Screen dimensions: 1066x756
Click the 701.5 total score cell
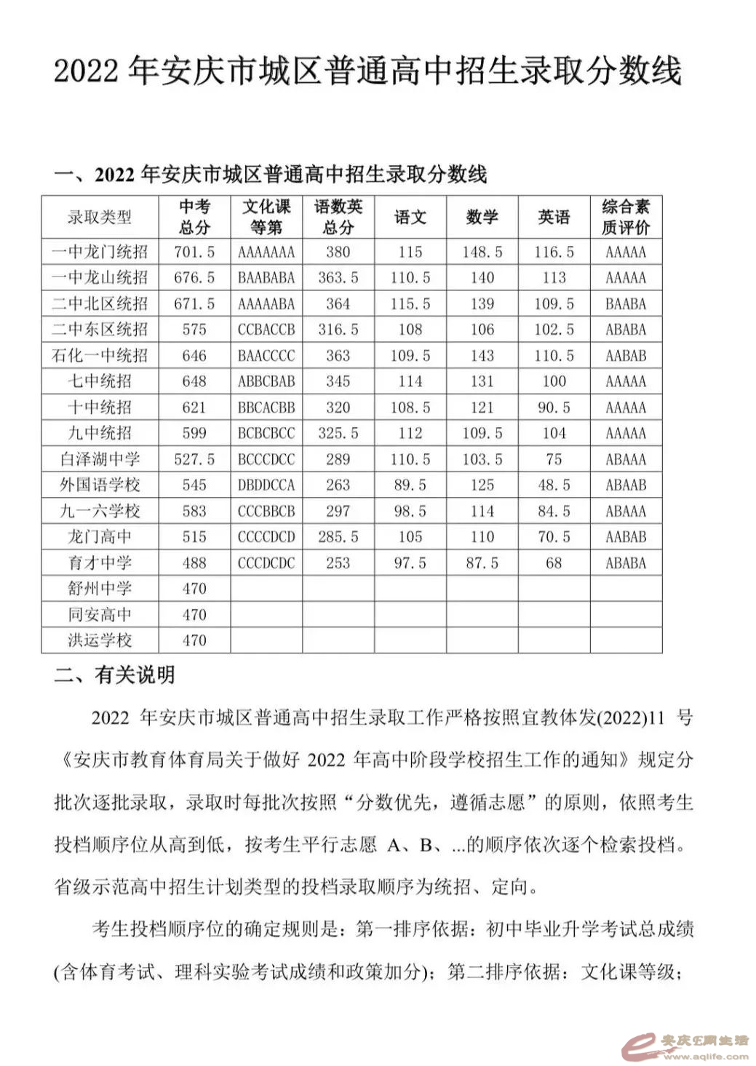pos(194,252)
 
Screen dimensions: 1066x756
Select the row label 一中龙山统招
pos(100,278)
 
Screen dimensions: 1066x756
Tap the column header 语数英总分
pos(338,217)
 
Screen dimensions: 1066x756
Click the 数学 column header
pos(482,217)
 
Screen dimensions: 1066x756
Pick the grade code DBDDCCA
pos(266,485)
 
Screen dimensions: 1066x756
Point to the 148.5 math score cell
pos(482,252)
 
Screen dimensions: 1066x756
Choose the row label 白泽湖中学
pos(100,459)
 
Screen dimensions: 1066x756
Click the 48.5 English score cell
pos(554,485)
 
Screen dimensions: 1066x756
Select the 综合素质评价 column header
pos(625,217)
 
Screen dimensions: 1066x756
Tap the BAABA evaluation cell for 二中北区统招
pos(625,304)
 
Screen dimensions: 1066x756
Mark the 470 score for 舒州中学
pos(194,589)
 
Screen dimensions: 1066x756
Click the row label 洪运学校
pos(100,640)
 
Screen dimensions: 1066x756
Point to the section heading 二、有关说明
pos(114,675)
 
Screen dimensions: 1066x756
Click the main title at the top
pos(367,71)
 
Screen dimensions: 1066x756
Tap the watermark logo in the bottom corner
pos(684,1046)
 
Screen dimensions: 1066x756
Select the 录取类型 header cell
pos(100,217)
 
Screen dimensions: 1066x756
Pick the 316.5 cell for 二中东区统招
pos(338,330)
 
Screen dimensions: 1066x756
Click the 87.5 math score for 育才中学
pos(482,563)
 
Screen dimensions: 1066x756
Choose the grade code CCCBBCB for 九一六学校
pos(266,512)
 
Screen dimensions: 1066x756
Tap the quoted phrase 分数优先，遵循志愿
pos(439,803)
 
